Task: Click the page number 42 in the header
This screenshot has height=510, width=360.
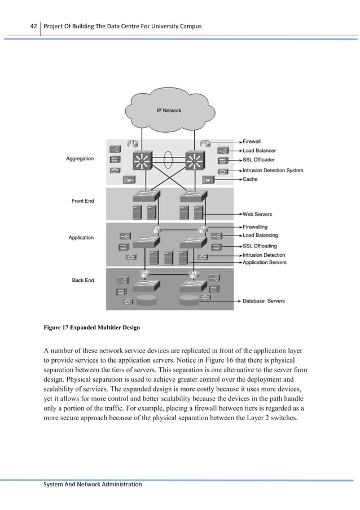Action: (x=33, y=27)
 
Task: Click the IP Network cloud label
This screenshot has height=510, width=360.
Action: (x=169, y=111)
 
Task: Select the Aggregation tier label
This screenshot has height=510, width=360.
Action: (x=80, y=159)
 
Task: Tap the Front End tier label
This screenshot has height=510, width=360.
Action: (x=82, y=200)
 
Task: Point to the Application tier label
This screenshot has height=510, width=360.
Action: (x=81, y=237)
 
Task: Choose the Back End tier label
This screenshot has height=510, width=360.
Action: (x=83, y=280)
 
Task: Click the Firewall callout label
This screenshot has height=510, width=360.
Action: (x=252, y=141)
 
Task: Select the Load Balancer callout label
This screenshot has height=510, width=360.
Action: (x=260, y=151)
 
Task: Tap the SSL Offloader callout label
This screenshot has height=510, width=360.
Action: (x=259, y=160)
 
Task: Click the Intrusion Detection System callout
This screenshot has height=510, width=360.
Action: (x=273, y=170)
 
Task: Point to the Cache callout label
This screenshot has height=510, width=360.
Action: (x=250, y=179)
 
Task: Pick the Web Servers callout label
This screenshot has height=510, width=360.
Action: (x=257, y=214)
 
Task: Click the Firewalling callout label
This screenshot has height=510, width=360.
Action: (x=256, y=226)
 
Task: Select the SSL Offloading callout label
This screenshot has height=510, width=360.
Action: (x=260, y=246)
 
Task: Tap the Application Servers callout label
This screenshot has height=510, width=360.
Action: (x=264, y=263)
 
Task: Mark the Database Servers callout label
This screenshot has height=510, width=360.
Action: (x=264, y=300)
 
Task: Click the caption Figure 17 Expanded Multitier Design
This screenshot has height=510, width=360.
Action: (x=92, y=327)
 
